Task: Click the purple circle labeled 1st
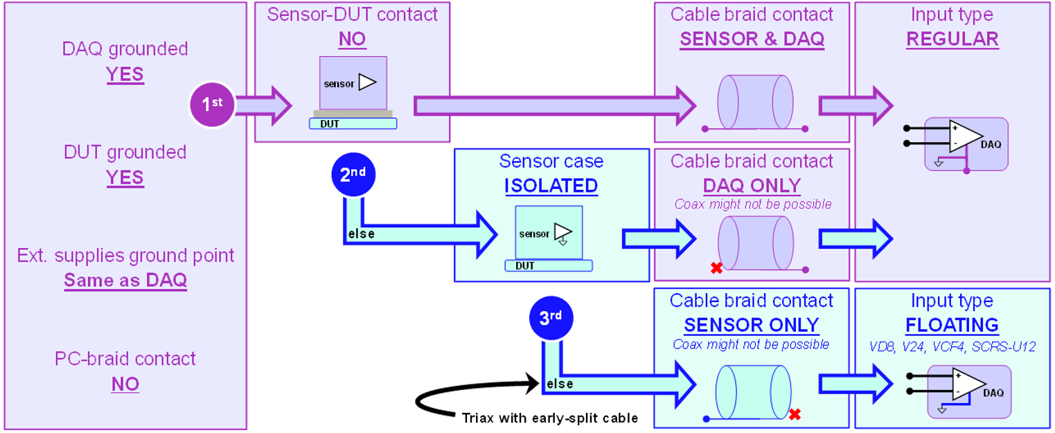click(212, 105)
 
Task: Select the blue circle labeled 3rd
click(551, 319)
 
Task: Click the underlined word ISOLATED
click(551, 186)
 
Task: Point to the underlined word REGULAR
click(952, 39)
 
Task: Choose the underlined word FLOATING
click(952, 325)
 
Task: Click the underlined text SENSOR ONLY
click(752, 325)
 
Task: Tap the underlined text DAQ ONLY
click(752, 186)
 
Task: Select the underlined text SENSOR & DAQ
click(752, 39)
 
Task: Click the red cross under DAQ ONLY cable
click(716, 268)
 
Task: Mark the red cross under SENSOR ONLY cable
click(795, 414)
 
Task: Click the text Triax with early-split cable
click(549, 418)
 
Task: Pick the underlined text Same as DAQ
click(125, 281)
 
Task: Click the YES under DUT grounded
click(125, 177)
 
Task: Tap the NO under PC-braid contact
click(125, 384)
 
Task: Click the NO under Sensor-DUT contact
click(352, 39)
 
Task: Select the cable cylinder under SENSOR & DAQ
click(754, 100)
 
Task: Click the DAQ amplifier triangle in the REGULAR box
click(964, 137)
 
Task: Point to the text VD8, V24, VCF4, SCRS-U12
click(952, 346)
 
